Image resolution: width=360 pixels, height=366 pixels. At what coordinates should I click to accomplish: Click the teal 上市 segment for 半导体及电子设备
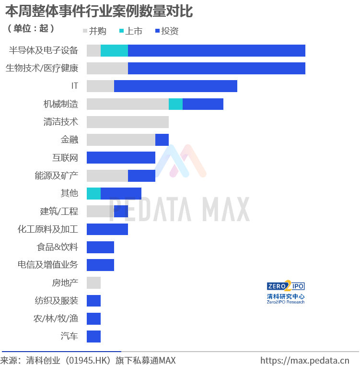(114, 50)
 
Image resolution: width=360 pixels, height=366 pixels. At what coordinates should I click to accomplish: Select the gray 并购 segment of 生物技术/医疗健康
(107, 69)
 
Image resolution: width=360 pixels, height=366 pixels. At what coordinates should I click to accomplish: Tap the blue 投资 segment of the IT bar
(175, 86)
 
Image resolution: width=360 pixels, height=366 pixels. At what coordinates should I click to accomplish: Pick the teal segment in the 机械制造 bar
(175, 104)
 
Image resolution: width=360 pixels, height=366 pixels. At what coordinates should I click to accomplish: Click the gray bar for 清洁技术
(128, 122)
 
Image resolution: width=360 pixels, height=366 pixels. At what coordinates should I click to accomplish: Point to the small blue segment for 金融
(162, 140)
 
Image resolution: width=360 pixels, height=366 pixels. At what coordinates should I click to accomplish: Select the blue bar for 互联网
(121, 157)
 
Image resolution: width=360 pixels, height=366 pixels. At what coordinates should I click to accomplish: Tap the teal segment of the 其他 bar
(94, 193)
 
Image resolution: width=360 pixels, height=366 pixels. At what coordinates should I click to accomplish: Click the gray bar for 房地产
(94, 283)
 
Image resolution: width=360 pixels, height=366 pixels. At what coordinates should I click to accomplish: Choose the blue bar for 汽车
(94, 336)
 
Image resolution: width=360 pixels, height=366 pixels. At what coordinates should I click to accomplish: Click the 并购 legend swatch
(85, 31)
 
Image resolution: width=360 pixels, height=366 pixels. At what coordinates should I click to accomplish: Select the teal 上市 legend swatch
(121, 31)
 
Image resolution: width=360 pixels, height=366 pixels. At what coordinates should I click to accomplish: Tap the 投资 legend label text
(170, 31)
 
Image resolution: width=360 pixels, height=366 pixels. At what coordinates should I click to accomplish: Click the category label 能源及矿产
(57, 176)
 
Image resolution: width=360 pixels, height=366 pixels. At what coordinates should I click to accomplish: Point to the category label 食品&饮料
(57, 247)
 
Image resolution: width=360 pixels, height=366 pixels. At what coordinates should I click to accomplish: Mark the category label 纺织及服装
(57, 301)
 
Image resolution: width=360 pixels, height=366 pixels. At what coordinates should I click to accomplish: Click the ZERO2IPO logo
(286, 292)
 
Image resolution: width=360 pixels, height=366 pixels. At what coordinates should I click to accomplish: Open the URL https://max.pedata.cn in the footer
(305, 361)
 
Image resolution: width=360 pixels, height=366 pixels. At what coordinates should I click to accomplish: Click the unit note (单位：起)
(31, 28)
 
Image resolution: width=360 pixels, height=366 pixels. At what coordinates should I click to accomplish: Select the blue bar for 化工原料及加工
(107, 229)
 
